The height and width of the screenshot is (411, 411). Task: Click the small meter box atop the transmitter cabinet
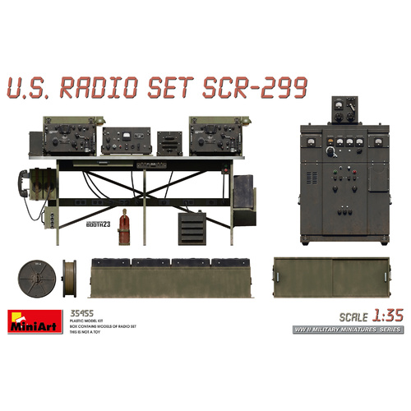(344, 109)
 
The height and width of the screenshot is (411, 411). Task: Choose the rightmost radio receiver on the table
(215, 136)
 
